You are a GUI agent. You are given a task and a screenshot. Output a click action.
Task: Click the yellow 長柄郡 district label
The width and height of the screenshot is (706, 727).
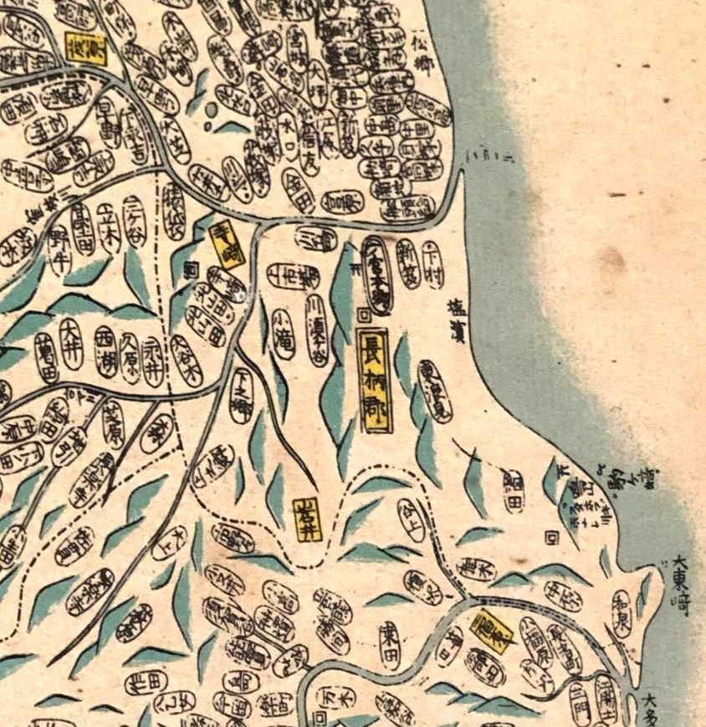pyautogui.click(x=375, y=380)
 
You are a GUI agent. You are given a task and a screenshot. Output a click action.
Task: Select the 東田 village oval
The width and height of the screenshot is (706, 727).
pyautogui.click(x=388, y=643)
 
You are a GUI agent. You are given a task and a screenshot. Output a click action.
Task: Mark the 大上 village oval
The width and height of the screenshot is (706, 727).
pyautogui.click(x=170, y=543)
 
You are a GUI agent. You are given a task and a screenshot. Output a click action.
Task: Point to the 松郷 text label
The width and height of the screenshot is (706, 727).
pyautogui.click(x=427, y=45)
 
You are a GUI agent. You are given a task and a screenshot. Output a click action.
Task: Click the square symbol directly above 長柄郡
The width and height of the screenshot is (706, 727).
pyautogui.click(x=363, y=315)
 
